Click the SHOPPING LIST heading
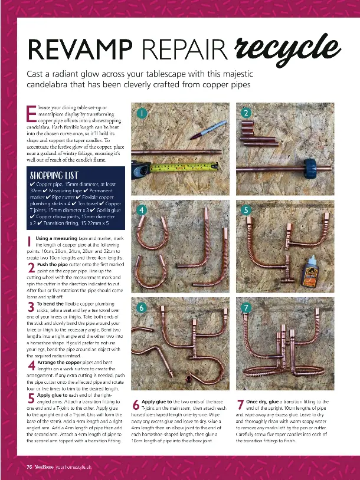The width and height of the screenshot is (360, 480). click(55, 175)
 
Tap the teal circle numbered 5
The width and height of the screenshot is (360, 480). click(246, 210)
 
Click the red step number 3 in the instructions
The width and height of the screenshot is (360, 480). click(30, 307)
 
